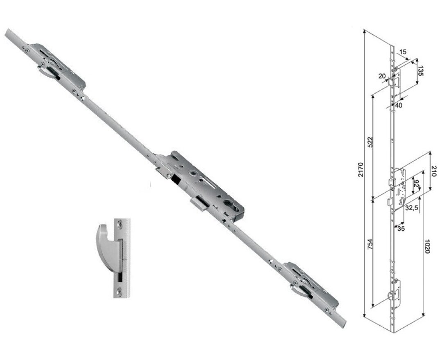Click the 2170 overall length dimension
point(360,170)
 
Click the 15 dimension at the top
point(402,52)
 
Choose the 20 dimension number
point(382,76)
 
